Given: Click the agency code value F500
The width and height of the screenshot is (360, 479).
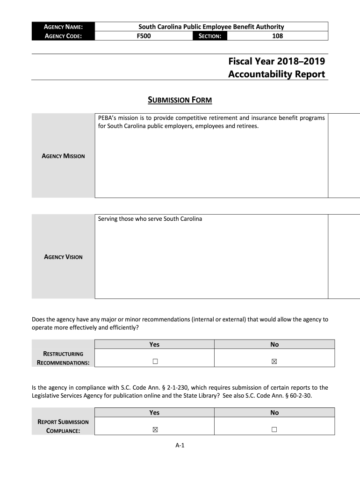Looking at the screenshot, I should pyautogui.click(x=144, y=36).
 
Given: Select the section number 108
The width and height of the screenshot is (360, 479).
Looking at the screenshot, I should pyautogui.click(x=278, y=36).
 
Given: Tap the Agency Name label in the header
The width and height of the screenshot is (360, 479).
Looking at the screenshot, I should pyautogui.click(x=64, y=27).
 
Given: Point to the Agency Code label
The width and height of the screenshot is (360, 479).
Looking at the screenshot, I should pyautogui.click(x=63, y=36).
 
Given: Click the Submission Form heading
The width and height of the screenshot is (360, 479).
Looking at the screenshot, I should pyautogui.click(x=180, y=100).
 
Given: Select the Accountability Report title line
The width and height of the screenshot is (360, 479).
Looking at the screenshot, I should pyautogui.click(x=276, y=74).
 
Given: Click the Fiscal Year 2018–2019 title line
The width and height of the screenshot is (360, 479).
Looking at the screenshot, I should pyautogui.click(x=276, y=61).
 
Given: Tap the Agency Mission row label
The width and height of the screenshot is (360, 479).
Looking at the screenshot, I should pyautogui.click(x=64, y=156).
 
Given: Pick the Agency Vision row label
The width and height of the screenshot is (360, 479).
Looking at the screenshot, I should pyautogui.click(x=63, y=257).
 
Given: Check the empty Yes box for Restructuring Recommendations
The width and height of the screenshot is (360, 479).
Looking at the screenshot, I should pyautogui.click(x=155, y=362).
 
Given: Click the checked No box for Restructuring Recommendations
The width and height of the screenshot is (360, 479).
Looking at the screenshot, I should pyautogui.click(x=274, y=362).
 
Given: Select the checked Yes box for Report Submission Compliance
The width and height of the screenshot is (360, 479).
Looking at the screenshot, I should pyautogui.click(x=155, y=429).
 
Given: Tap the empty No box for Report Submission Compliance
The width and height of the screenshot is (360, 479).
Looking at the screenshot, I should pyautogui.click(x=274, y=429).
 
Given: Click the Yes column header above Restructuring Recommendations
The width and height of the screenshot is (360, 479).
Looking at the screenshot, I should pyautogui.click(x=154, y=344).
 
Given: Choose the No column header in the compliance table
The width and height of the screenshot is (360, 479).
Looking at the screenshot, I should pyautogui.click(x=274, y=413).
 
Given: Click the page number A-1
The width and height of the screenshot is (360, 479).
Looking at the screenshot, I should pyautogui.click(x=180, y=445).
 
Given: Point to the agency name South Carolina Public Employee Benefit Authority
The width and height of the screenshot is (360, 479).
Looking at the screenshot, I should pyautogui.click(x=211, y=27).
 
